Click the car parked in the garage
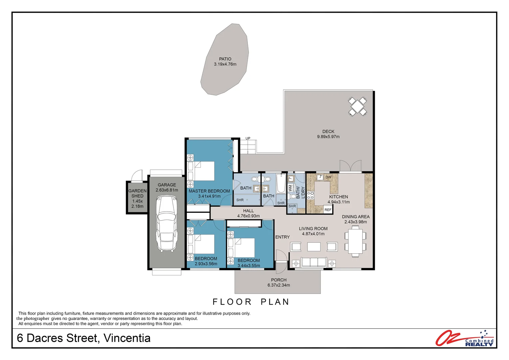pyautogui.click(x=167, y=223)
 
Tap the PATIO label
pyautogui.click(x=225, y=59)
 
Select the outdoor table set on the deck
pyautogui.click(x=357, y=106)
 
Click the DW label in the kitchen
pyautogui.click(x=328, y=177)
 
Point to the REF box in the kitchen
pyautogui.click(x=328, y=210)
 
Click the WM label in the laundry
pyautogui.click(x=290, y=188)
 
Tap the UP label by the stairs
pyautogui.click(x=248, y=138)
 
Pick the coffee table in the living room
pyautogui.click(x=314, y=247)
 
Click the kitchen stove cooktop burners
pyautogui.click(x=310, y=195)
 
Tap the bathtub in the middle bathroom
pyautogui.click(x=281, y=184)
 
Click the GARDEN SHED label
pyautogui.click(x=137, y=193)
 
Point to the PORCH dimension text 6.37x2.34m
pyautogui.click(x=279, y=285)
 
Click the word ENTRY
pyautogui.click(x=282, y=237)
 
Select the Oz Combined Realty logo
pyautogui.click(x=465, y=338)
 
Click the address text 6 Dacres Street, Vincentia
pyautogui.click(x=84, y=338)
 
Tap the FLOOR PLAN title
pyautogui.click(x=251, y=302)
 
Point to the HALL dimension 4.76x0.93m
pyautogui.click(x=249, y=216)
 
